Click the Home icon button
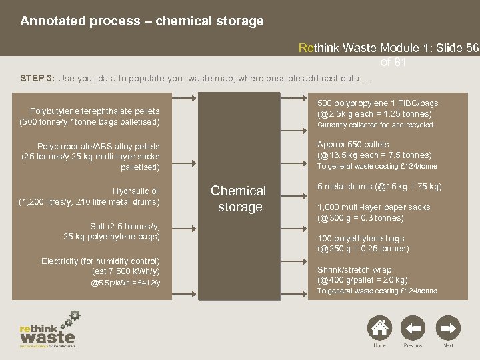pos(379,328)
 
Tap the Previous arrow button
pos(413,328)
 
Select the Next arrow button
pos(448,328)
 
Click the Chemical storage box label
pos(238,199)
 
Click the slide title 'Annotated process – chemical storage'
pos(142,21)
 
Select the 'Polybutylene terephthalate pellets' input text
pos(95,111)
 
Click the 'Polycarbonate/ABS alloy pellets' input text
pos(98,145)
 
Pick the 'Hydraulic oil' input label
pos(136,191)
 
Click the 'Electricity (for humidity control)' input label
pos(101,260)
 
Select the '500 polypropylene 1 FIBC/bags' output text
pos(377,103)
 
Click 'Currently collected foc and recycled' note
pos(375,125)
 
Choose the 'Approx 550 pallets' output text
pos(353,145)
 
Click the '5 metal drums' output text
pos(379,187)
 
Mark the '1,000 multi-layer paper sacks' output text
pos(373,207)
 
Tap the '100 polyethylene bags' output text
pos(360,238)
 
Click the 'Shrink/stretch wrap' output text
pos(355,269)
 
